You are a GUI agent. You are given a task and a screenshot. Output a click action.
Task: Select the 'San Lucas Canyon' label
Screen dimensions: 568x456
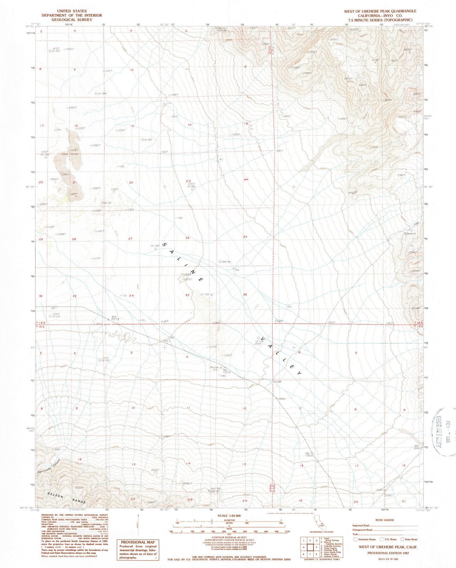coord(50,469)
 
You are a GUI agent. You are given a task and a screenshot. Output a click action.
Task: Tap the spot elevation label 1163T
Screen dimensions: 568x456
coord(164,152)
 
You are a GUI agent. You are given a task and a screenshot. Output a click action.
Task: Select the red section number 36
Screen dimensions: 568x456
coord(245,295)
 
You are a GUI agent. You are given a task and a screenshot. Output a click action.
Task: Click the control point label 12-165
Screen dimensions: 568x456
coord(148,140)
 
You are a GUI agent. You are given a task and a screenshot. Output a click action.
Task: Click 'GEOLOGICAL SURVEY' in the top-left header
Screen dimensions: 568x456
coord(72,20)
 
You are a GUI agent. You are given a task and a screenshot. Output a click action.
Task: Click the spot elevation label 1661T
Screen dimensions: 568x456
coord(280,151)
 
